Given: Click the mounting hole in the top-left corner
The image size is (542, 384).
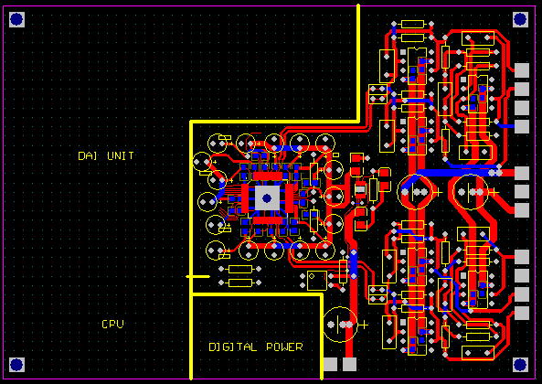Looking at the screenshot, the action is pos(16,19).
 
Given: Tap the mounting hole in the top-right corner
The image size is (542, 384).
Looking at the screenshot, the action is pos(520,19).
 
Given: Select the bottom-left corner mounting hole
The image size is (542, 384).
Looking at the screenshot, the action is pos(16,365).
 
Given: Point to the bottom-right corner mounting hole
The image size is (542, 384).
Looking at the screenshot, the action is pos(520,365).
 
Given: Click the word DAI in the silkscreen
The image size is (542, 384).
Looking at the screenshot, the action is pos(87,155).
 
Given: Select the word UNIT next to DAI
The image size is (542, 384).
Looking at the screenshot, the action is pos(121,155).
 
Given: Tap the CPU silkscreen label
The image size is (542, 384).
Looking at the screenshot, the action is pos(112,325).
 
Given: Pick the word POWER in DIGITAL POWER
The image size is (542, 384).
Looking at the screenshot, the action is pos(284,347).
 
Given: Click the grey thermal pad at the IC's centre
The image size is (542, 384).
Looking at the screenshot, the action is pos(267,198).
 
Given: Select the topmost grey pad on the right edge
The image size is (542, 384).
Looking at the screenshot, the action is pos(522,70).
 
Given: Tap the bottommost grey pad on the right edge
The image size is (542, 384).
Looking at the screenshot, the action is pos(522,313).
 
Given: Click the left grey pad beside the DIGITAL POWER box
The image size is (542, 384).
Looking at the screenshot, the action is pos(331,364).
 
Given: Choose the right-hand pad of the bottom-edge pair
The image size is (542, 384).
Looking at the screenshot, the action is pos(349,364).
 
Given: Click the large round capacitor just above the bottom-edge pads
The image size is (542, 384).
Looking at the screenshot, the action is pos(341,325).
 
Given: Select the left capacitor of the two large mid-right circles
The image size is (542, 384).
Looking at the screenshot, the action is pos(415,192).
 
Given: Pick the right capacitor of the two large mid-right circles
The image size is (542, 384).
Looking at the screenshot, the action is pos(471,192).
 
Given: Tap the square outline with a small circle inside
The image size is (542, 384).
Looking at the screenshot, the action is pos(316,281).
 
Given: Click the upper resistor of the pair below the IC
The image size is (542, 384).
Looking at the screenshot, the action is pos(239,269).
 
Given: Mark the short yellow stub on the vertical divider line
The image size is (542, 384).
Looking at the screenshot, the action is pos(197,276).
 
